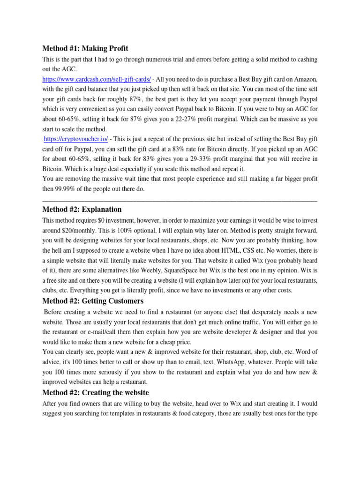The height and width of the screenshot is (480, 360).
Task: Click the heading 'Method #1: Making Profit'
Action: click(x=85, y=48)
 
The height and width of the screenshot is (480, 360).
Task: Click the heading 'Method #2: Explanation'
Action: click(x=82, y=209)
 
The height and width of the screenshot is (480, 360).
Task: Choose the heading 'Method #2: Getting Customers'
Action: click(x=93, y=301)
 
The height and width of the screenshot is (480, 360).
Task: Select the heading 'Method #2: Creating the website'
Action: click(x=96, y=392)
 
